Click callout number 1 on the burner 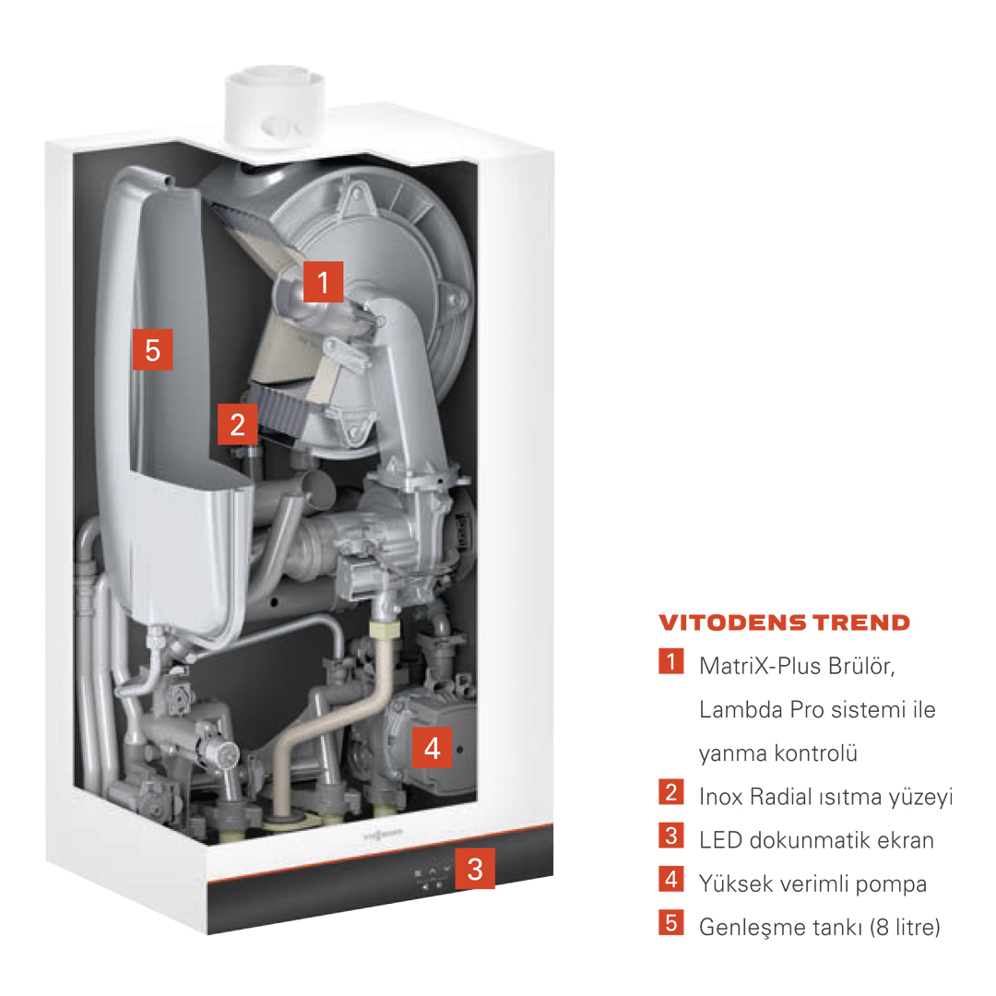(x=324, y=281)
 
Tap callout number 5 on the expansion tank (x=152, y=350)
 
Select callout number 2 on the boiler (x=238, y=423)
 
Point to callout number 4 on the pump (x=432, y=748)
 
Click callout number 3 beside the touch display (x=475, y=869)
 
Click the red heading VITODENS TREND (x=785, y=622)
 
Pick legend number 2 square (x=670, y=791)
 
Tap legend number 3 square (x=670, y=836)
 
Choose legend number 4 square (x=670, y=879)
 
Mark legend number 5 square (x=670, y=922)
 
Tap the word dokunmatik (x=810, y=840)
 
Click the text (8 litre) (x=905, y=928)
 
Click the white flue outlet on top (x=275, y=108)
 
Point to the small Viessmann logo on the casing (x=383, y=835)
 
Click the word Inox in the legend (x=720, y=797)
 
